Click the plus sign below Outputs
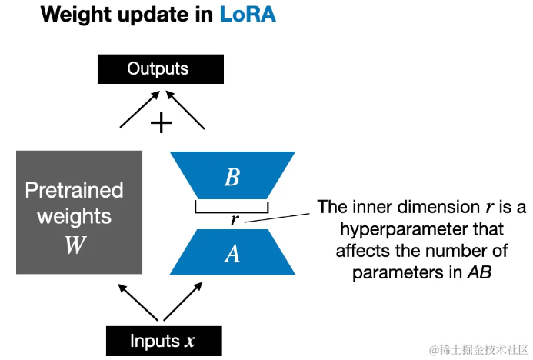[161, 122]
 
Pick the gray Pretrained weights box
[78, 212]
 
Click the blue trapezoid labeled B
[232, 178]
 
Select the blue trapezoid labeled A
[232, 254]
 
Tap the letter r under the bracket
[235, 221]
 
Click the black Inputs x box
[163, 341]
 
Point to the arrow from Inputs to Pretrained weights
[138, 301]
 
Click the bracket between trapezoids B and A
[232, 209]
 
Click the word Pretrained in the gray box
[74, 190]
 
